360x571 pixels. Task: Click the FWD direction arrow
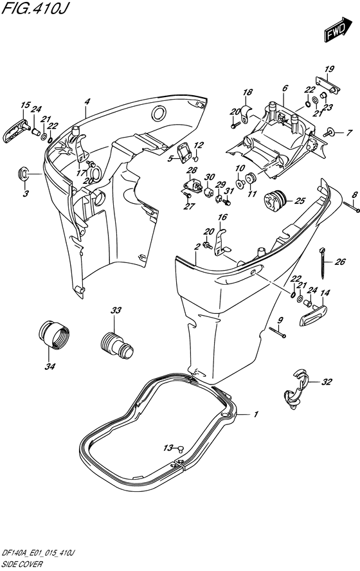tap(338, 30)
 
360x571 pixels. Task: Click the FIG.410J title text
tap(34, 8)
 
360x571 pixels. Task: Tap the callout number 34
tap(50, 367)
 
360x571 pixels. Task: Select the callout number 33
tap(116, 311)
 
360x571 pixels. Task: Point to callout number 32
tap(327, 382)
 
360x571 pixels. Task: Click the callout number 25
tap(300, 201)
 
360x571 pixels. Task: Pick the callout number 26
tap(340, 262)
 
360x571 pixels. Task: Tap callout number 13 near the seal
tap(168, 448)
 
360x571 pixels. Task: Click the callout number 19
tap(329, 69)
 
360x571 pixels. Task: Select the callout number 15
tap(25, 105)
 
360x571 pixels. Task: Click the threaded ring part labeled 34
tap(53, 334)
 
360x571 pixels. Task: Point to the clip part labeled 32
tap(296, 389)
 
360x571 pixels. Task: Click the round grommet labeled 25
tap(274, 199)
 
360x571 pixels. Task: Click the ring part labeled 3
tap(23, 174)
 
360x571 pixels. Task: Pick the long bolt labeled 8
tap(352, 206)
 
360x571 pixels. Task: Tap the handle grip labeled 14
tap(314, 315)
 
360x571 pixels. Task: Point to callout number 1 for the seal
tap(256, 414)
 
